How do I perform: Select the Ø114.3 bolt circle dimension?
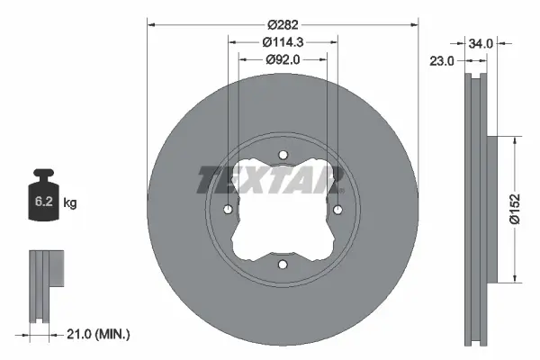tap(283, 41)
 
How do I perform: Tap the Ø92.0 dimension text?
tap(283, 59)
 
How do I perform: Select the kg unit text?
tap(71, 203)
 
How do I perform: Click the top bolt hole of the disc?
tap(283, 155)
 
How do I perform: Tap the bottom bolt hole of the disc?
tap(283, 265)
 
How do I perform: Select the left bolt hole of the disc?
tap(228, 210)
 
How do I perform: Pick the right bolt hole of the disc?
tap(337, 210)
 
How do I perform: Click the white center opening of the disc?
tap(283, 216)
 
